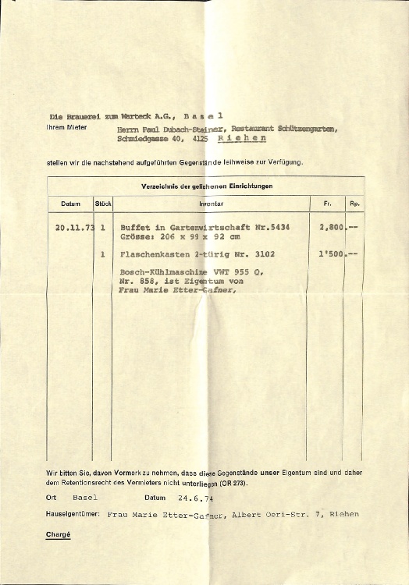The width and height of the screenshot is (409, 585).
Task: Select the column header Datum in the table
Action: [70, 204]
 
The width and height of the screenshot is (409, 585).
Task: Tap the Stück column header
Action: [104, 204]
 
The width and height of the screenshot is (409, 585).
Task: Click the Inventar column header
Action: [211, 204]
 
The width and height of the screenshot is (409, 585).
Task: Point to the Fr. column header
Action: [326, 204]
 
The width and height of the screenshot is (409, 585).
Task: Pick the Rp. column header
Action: [354, 204]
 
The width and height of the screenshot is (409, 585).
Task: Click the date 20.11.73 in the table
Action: [75, 227]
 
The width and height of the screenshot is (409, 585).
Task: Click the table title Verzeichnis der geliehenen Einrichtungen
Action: [206, 186]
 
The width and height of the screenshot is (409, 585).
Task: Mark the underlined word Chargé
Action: [59, 534]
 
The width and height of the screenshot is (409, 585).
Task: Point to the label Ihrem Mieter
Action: [66, 127]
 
